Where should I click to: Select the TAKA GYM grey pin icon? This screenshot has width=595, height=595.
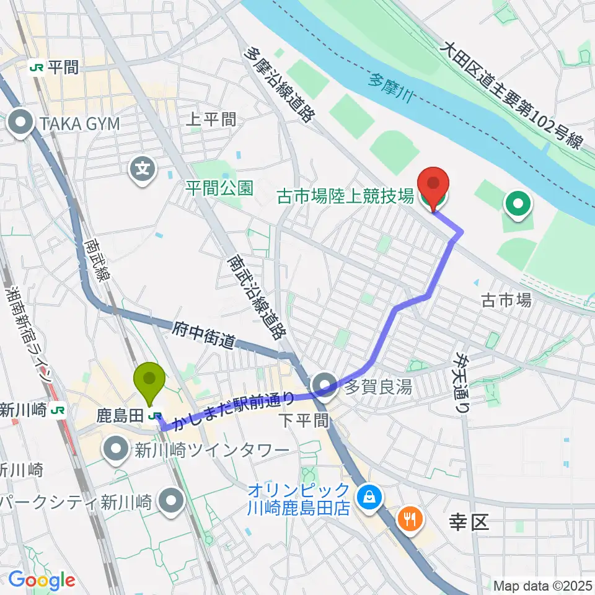[22, 123]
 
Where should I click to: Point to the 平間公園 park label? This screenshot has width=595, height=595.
[219, 188]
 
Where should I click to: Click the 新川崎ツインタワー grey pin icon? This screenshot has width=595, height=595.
[116, 449]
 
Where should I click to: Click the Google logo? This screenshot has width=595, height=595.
[42, 581]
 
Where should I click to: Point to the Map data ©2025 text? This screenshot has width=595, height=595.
[543, 585]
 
